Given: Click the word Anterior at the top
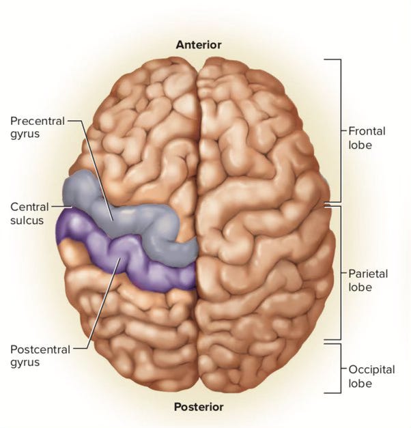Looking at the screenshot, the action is click(199, 45).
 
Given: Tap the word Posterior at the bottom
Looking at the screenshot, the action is click(199, 407).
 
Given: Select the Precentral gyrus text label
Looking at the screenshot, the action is click(37, 128).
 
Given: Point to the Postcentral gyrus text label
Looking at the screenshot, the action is click(40, 356).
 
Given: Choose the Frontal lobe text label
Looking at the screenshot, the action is click(367, 137).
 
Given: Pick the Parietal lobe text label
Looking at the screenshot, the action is click(368, 281).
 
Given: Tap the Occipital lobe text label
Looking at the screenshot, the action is click(371, 376).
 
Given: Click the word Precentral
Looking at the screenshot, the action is click(37, 121).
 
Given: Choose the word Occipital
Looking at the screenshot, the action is click(371, 369).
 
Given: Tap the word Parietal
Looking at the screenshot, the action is click(368, 274).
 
